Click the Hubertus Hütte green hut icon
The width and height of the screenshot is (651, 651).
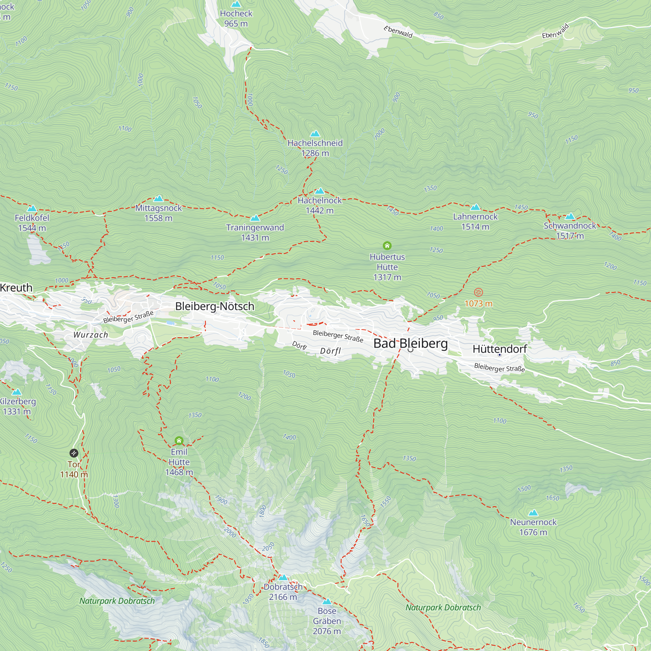387,246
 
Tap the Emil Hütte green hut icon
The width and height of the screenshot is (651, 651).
179,441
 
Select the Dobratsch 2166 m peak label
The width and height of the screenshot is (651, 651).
283,592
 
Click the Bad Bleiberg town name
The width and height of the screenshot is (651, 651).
410,343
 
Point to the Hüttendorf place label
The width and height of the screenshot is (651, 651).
499,349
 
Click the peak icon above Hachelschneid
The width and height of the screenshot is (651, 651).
315,133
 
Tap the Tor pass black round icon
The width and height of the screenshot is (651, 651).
74,453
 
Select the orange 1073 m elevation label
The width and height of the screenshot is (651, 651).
478,304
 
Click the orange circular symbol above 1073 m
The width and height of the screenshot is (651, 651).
478,292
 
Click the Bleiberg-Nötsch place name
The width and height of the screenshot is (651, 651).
215,306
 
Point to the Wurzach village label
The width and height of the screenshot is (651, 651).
90,335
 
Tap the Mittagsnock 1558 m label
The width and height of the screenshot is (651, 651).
159,213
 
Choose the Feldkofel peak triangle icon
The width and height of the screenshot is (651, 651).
32,208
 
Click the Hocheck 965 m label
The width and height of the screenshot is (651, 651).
236,19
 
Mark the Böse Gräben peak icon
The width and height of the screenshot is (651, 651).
326,602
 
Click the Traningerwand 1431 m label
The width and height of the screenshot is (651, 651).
255,232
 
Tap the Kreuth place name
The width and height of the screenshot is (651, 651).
16,288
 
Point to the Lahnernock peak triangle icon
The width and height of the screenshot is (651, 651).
475,207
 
